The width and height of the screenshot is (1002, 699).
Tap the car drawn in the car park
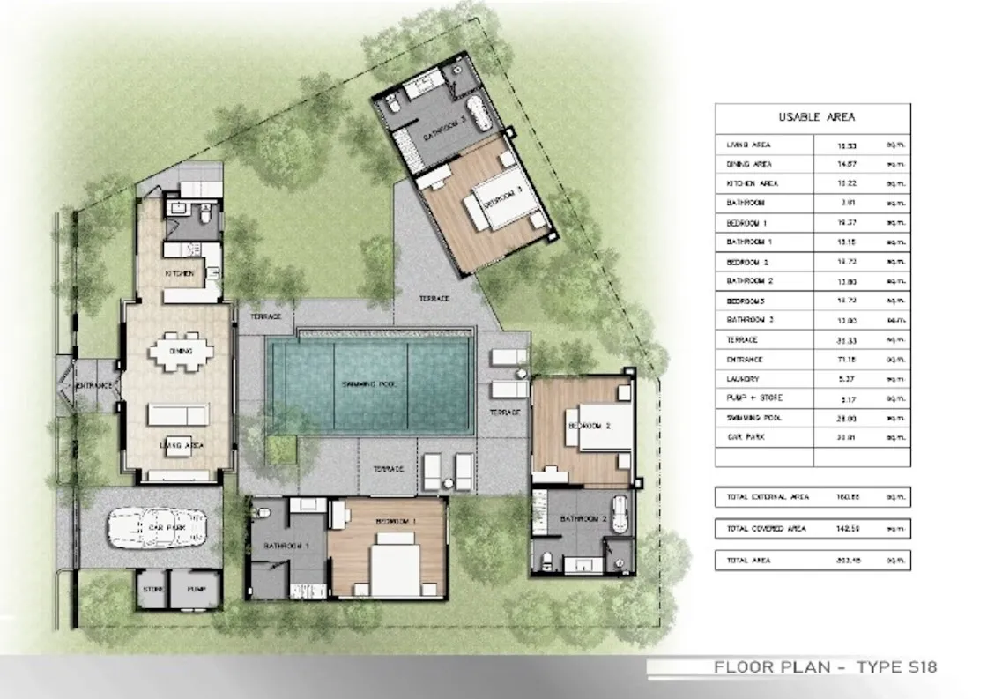pos(153,528)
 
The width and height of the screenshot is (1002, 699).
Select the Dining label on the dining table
pos(182,352)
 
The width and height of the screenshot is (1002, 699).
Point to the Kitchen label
pos(179,274)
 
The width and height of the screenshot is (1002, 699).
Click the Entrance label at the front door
pos(93,386)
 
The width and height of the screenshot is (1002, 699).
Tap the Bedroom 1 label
pos(396,522)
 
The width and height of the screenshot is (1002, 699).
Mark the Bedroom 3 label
pos(502,196)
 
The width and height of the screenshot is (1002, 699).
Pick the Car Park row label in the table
pos(743,437)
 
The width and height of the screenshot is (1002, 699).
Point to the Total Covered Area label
pos(766,529)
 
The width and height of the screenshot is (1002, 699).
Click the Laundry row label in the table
pos(742,379)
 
